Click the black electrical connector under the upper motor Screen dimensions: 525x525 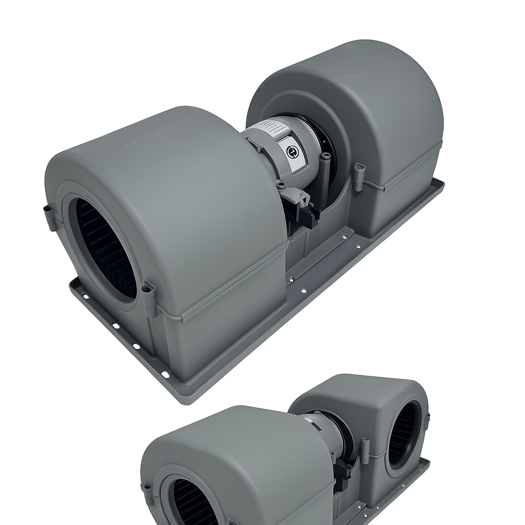(307, 215)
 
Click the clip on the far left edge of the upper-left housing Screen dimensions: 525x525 (49, 217)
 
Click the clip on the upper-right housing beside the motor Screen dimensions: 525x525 (359, 176)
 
